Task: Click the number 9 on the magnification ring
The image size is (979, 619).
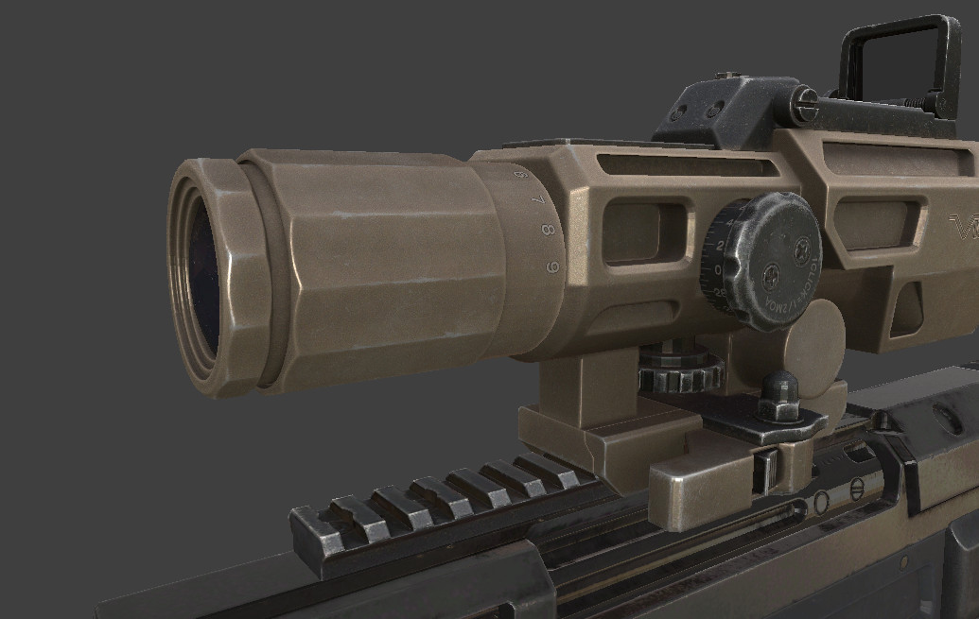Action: [x=552, y=267]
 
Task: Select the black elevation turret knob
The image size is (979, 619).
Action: [x=764, y=260]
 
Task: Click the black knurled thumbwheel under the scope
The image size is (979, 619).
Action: [x=679, y=370]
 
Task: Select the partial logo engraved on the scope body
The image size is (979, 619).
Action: [x=964, y=227]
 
